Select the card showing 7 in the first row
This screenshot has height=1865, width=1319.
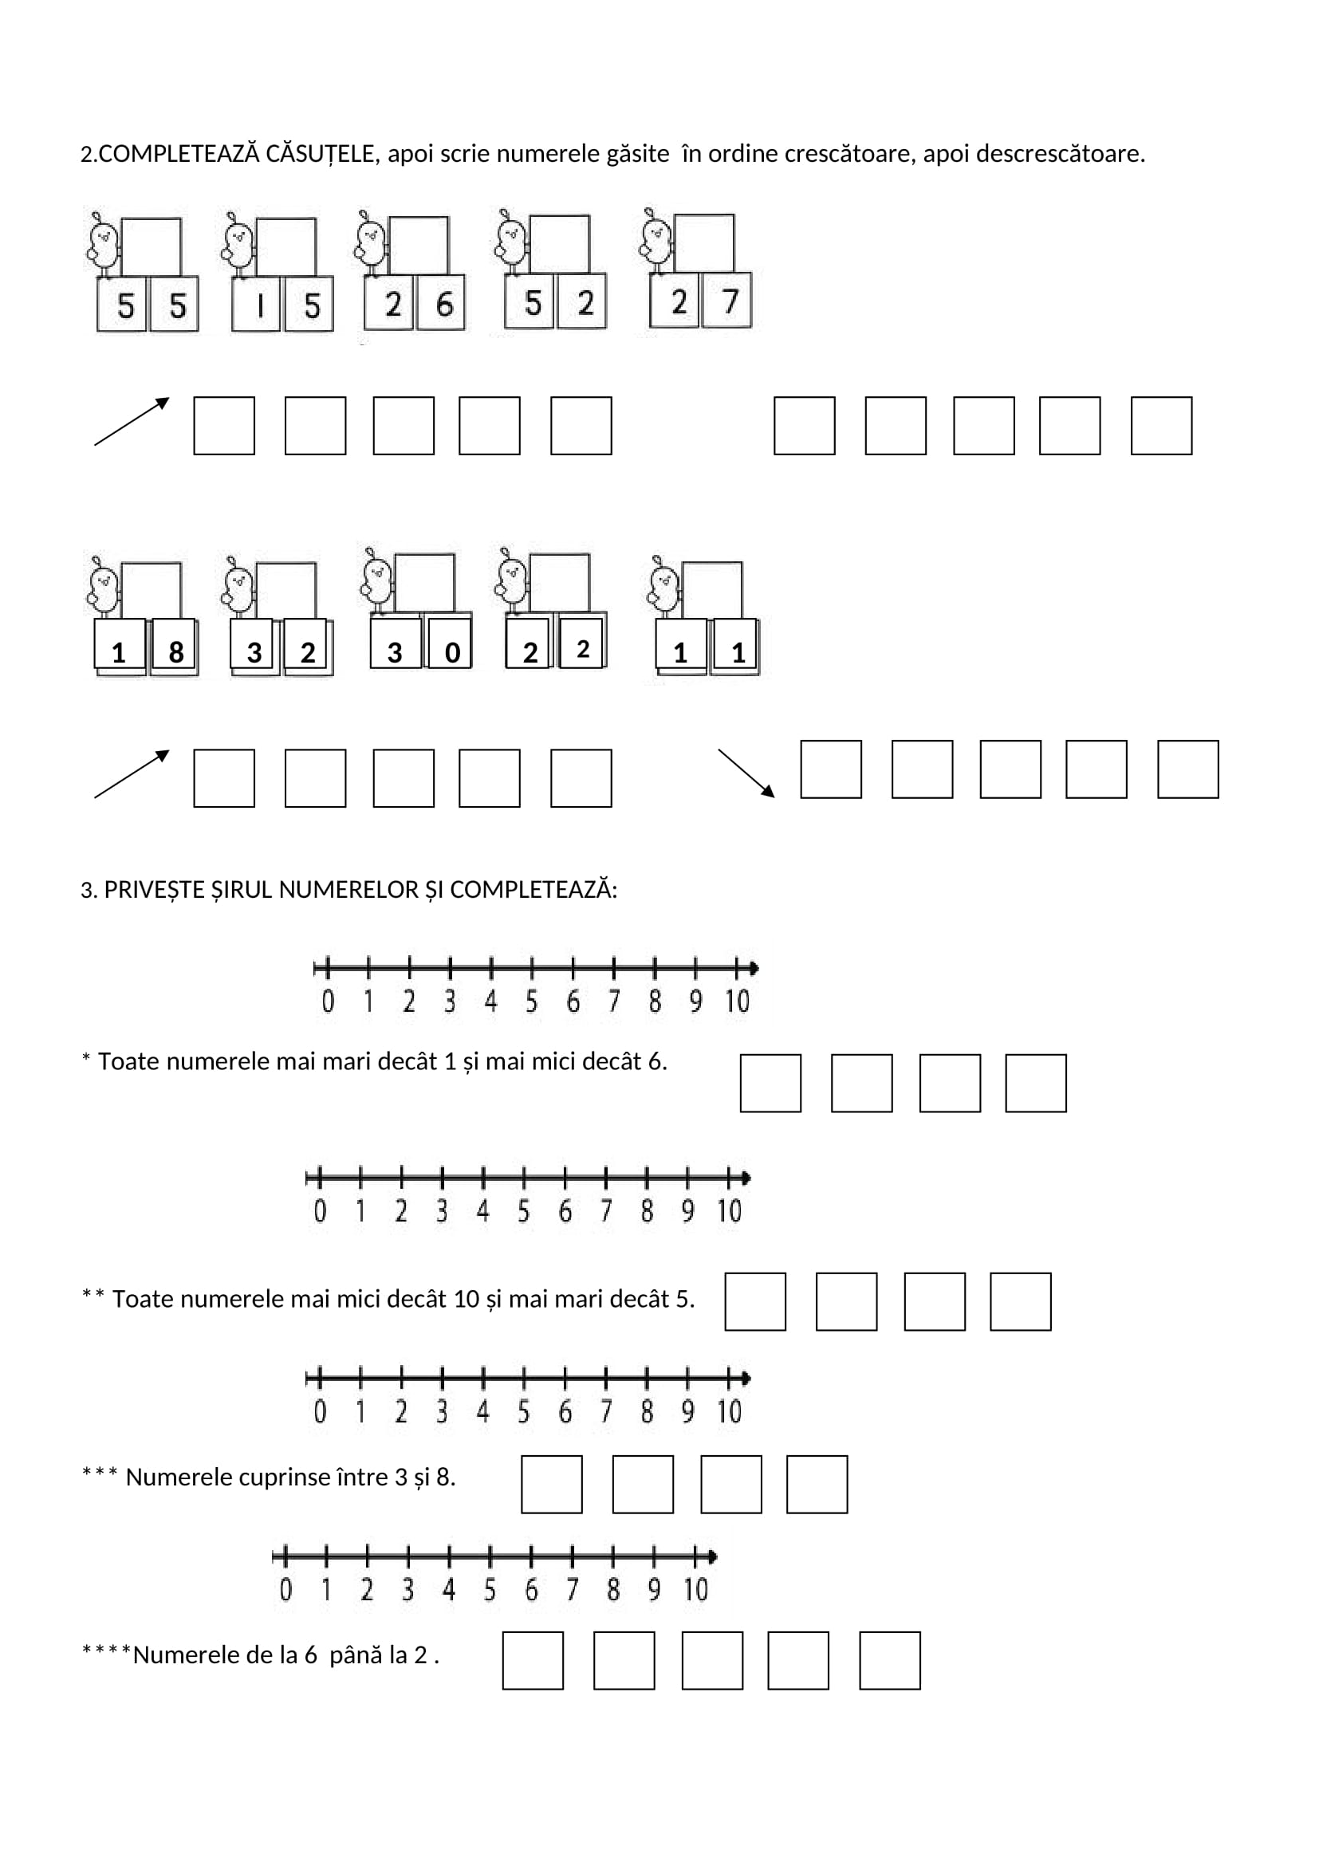[x=728, y=301]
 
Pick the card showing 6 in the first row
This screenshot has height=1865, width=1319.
[x=443, y=305]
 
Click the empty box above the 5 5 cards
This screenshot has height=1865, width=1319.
[x=151, y=247]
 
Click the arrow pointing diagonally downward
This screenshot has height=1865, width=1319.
[x=746, y=773]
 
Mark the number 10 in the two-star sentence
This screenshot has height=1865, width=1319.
[x=467, y=1299]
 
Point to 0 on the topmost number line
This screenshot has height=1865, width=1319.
[x=327, y=1001]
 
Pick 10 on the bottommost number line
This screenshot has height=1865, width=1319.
[x=695, y=1590]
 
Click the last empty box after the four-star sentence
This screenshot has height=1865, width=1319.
[x=889, y=1660]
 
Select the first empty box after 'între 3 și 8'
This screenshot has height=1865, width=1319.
[x=552, y=1484]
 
